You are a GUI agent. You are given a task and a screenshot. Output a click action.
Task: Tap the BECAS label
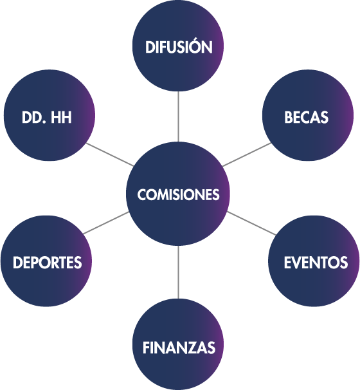click(306, 117)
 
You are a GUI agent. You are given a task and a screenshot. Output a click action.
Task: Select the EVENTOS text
click(316, 263)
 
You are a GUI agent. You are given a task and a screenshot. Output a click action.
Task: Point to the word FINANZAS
click(179, 348)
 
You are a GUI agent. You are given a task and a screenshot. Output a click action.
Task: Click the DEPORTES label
click(47, 263)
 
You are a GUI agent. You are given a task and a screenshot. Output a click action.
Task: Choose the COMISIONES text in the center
click(178, 194)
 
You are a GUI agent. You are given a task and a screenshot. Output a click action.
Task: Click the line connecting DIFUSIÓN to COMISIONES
click(178, 116)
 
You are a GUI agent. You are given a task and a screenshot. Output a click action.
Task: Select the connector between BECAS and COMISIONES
click(247, 154)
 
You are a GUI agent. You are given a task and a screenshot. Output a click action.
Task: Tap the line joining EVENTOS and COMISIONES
click(251, 223)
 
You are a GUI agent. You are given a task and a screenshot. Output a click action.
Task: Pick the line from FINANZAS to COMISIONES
click(178, 272)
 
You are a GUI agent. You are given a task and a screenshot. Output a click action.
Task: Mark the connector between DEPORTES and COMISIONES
click(106, 223)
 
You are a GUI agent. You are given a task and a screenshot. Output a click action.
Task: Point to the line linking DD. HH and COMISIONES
click(110, 154)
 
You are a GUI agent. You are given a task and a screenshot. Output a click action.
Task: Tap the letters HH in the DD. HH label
click(61, 117)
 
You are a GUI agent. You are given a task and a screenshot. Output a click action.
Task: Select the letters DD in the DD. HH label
click(32, 117)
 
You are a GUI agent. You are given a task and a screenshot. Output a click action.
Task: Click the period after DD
click(44, 122)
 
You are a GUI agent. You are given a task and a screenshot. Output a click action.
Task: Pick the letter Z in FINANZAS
click(194, 348)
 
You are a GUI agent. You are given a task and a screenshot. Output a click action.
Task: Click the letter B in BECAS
click(288, 117)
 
